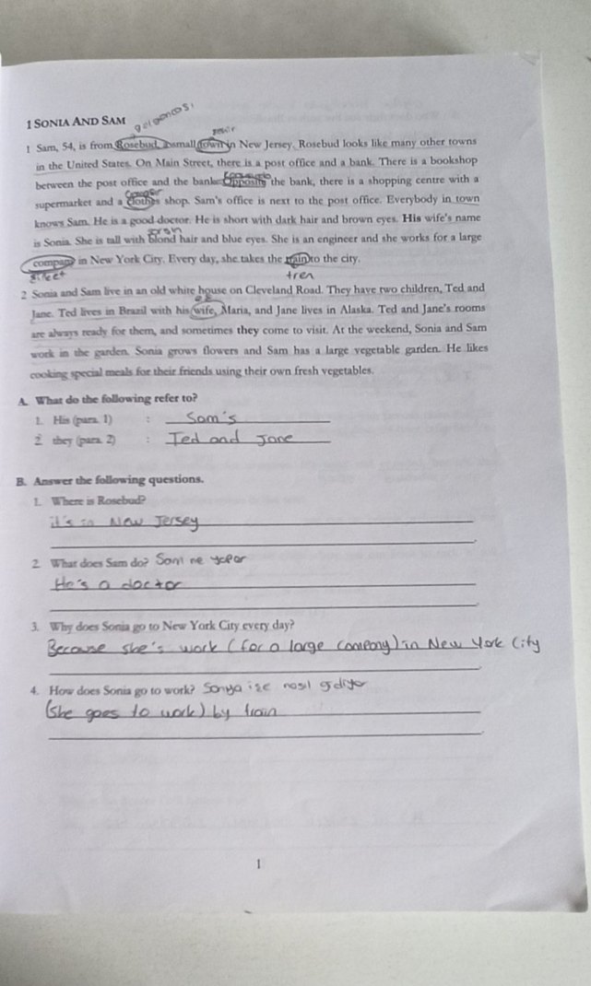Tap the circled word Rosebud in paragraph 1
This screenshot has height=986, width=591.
137,144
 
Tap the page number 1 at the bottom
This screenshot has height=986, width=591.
261,863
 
